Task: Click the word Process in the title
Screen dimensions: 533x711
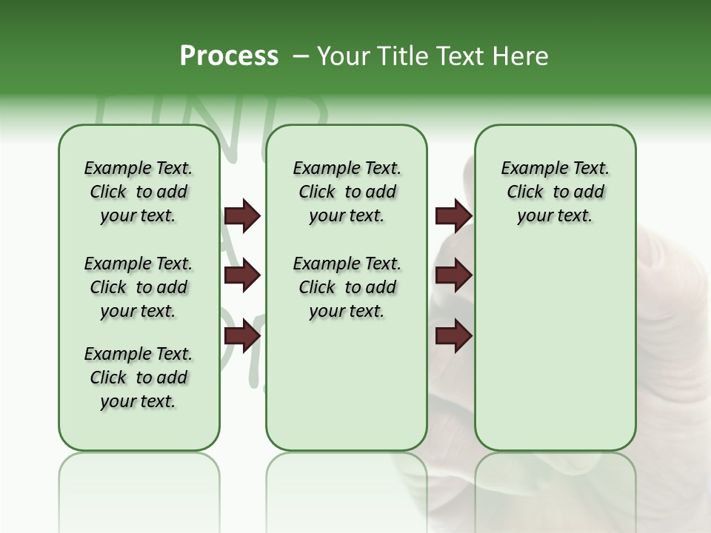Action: [x=229, y=56]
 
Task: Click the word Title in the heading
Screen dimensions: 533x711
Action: [x=401, y=56]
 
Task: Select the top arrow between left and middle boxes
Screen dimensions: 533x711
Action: [x=242, y=215]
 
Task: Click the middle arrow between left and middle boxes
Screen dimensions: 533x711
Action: [x=242, y=276]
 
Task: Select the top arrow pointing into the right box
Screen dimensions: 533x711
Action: [x=454, y=215]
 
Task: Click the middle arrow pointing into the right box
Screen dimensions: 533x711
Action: [x=454, y=276]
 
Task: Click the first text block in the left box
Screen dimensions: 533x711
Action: [x=138, y=192]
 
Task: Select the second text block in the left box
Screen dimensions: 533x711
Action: [x=138, y=287]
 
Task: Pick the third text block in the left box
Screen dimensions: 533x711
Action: [x=138, y=378]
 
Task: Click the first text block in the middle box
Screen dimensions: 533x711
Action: [x=347, y=192]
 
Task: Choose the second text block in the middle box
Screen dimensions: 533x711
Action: [x=347, y=287]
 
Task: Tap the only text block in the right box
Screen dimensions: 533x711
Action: [x=555, y=192]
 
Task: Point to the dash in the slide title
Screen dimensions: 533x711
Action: [x=301, y=56]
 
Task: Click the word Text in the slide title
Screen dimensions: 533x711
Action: [x=460, y=56]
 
